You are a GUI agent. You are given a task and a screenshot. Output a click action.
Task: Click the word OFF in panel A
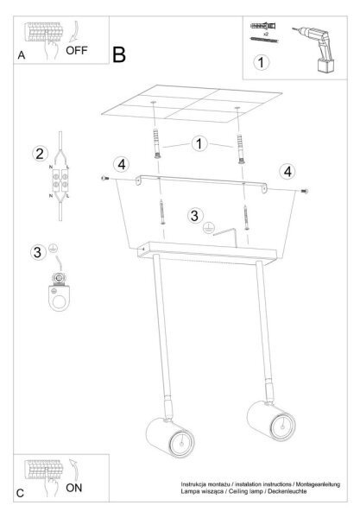coord(77,51)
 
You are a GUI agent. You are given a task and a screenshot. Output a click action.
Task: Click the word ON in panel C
coord(73,488)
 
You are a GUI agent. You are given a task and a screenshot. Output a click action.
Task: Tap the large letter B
coord(119,54)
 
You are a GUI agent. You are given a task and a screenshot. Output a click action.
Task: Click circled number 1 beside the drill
coord(262,62)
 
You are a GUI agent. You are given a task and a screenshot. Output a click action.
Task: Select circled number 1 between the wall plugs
coord(199,143)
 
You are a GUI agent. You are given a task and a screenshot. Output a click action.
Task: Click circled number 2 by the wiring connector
coord(40,154)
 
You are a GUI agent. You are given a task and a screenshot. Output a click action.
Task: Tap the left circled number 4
coord(121,165)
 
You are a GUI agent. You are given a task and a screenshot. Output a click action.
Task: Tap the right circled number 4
coord(287,172)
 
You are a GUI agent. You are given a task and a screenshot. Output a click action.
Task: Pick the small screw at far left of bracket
coord(104,179)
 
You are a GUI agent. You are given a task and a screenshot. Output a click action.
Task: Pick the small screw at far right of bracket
coord(305,191)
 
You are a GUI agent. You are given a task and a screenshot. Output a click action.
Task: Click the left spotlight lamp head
coord(170,438)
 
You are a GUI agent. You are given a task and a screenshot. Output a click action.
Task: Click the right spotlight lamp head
coord(271,420)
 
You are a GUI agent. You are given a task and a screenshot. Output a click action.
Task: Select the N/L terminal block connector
coord(60,181)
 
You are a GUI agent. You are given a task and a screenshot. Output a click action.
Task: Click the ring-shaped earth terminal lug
coord(59,292)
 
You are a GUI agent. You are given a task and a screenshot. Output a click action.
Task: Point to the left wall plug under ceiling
coord(157,144)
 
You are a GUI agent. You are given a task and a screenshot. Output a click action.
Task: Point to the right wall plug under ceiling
coord(241,149)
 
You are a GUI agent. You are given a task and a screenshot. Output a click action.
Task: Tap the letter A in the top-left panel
coord(22,55)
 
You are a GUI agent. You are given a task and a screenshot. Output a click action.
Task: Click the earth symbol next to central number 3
coord(209,228)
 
